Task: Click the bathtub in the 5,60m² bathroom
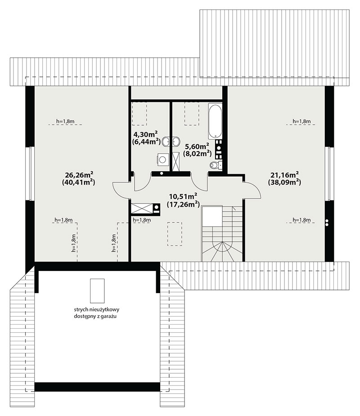coord(215,121)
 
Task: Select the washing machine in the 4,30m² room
coord(162,159)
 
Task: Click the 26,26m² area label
coord(79,175)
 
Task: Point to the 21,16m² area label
coord(285,175)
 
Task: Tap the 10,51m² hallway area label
coord(183,196)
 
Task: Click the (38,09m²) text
coord(284,182)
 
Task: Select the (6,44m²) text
coord(146,141)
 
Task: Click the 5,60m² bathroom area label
coord(197,146)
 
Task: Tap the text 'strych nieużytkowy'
coord(97,309)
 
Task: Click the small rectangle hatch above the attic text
coord(97,291)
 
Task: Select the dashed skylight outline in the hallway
coord(175,234)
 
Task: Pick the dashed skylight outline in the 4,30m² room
coord(139,113)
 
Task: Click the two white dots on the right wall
coord(327,222)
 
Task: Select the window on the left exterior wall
coord(30,173)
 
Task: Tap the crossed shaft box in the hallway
coord(142,208)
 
